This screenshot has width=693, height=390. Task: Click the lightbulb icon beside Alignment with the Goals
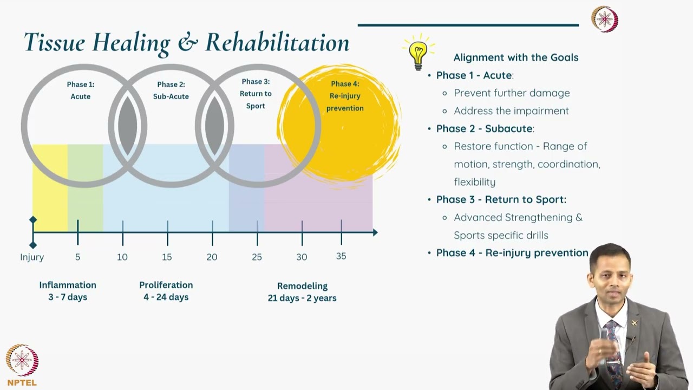418,53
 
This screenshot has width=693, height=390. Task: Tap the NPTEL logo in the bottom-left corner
22,365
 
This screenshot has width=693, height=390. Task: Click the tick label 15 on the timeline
167,257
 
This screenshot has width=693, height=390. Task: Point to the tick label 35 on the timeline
341,256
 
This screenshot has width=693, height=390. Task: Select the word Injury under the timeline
32,257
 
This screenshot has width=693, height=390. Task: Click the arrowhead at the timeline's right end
374,232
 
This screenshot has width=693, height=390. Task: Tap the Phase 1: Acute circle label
81,90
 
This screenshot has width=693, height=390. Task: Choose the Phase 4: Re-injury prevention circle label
345,96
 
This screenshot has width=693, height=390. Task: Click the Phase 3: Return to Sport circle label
256,94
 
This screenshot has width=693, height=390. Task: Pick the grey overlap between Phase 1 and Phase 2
128,126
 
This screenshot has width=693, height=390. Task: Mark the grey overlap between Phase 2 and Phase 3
214,126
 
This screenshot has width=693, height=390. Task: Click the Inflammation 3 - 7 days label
68,291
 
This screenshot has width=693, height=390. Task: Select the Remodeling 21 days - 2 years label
302,292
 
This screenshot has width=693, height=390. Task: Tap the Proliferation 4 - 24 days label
166,291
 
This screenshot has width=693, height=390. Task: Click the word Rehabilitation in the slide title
277,43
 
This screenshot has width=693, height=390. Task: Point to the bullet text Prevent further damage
512,93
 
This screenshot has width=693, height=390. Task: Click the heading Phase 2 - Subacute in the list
485,128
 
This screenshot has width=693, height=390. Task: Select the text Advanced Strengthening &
518,217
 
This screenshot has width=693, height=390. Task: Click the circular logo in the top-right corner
604,19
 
